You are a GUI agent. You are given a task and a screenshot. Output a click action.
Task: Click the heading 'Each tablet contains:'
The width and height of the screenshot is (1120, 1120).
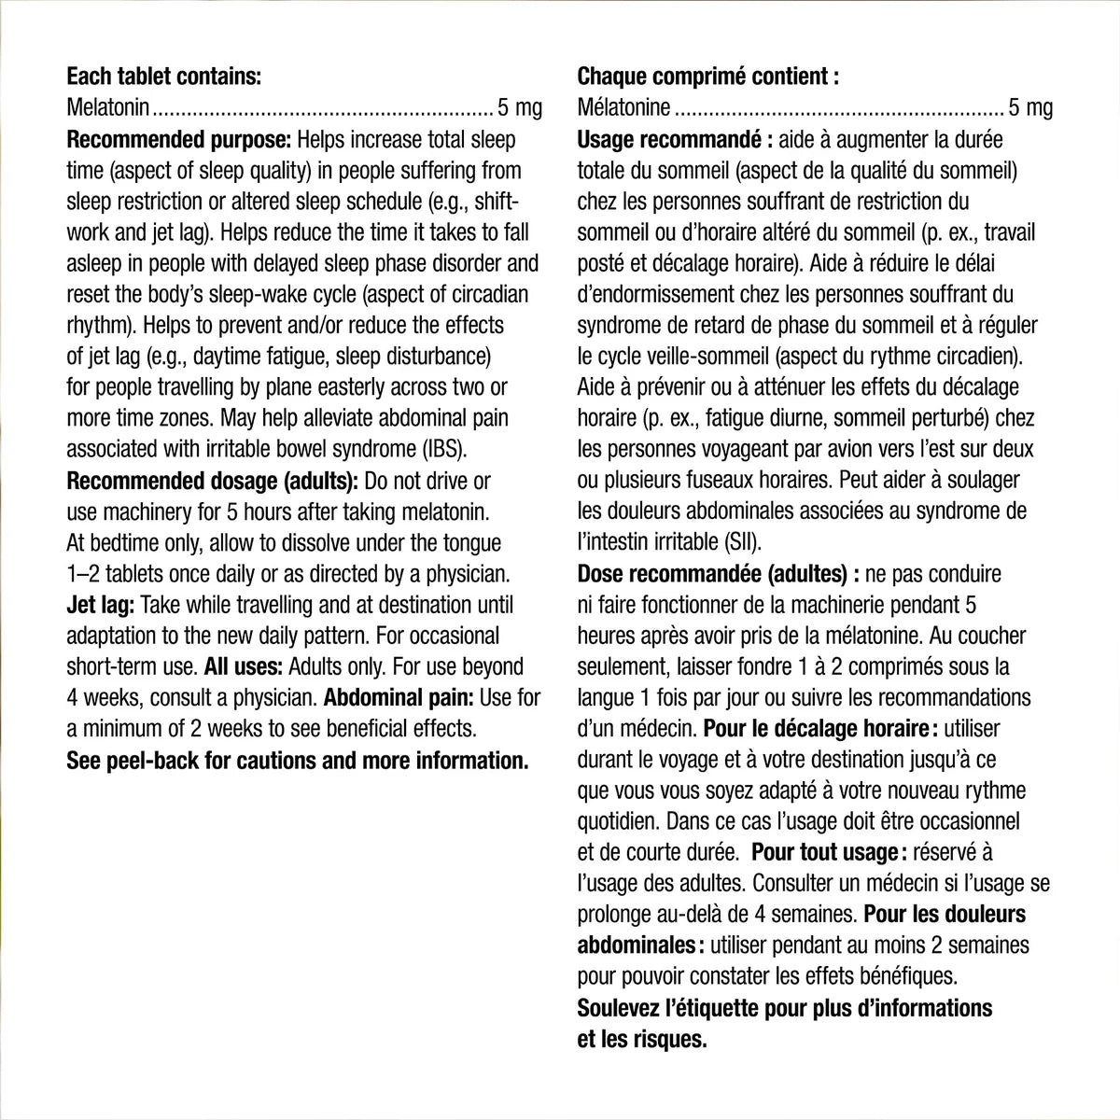click(164, 77)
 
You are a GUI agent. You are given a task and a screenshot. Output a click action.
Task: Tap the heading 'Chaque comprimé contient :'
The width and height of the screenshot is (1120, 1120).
click(708, 77)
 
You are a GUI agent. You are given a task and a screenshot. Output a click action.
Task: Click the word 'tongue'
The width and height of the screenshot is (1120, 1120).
click(469, 543)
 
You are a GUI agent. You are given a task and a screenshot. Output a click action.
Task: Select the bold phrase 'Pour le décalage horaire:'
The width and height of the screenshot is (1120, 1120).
click(817, 729)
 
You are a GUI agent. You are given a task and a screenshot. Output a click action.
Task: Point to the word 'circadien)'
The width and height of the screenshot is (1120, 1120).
click(973, 357)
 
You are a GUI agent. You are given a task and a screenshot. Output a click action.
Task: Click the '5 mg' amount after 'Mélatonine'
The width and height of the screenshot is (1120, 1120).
click(1030, 108)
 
